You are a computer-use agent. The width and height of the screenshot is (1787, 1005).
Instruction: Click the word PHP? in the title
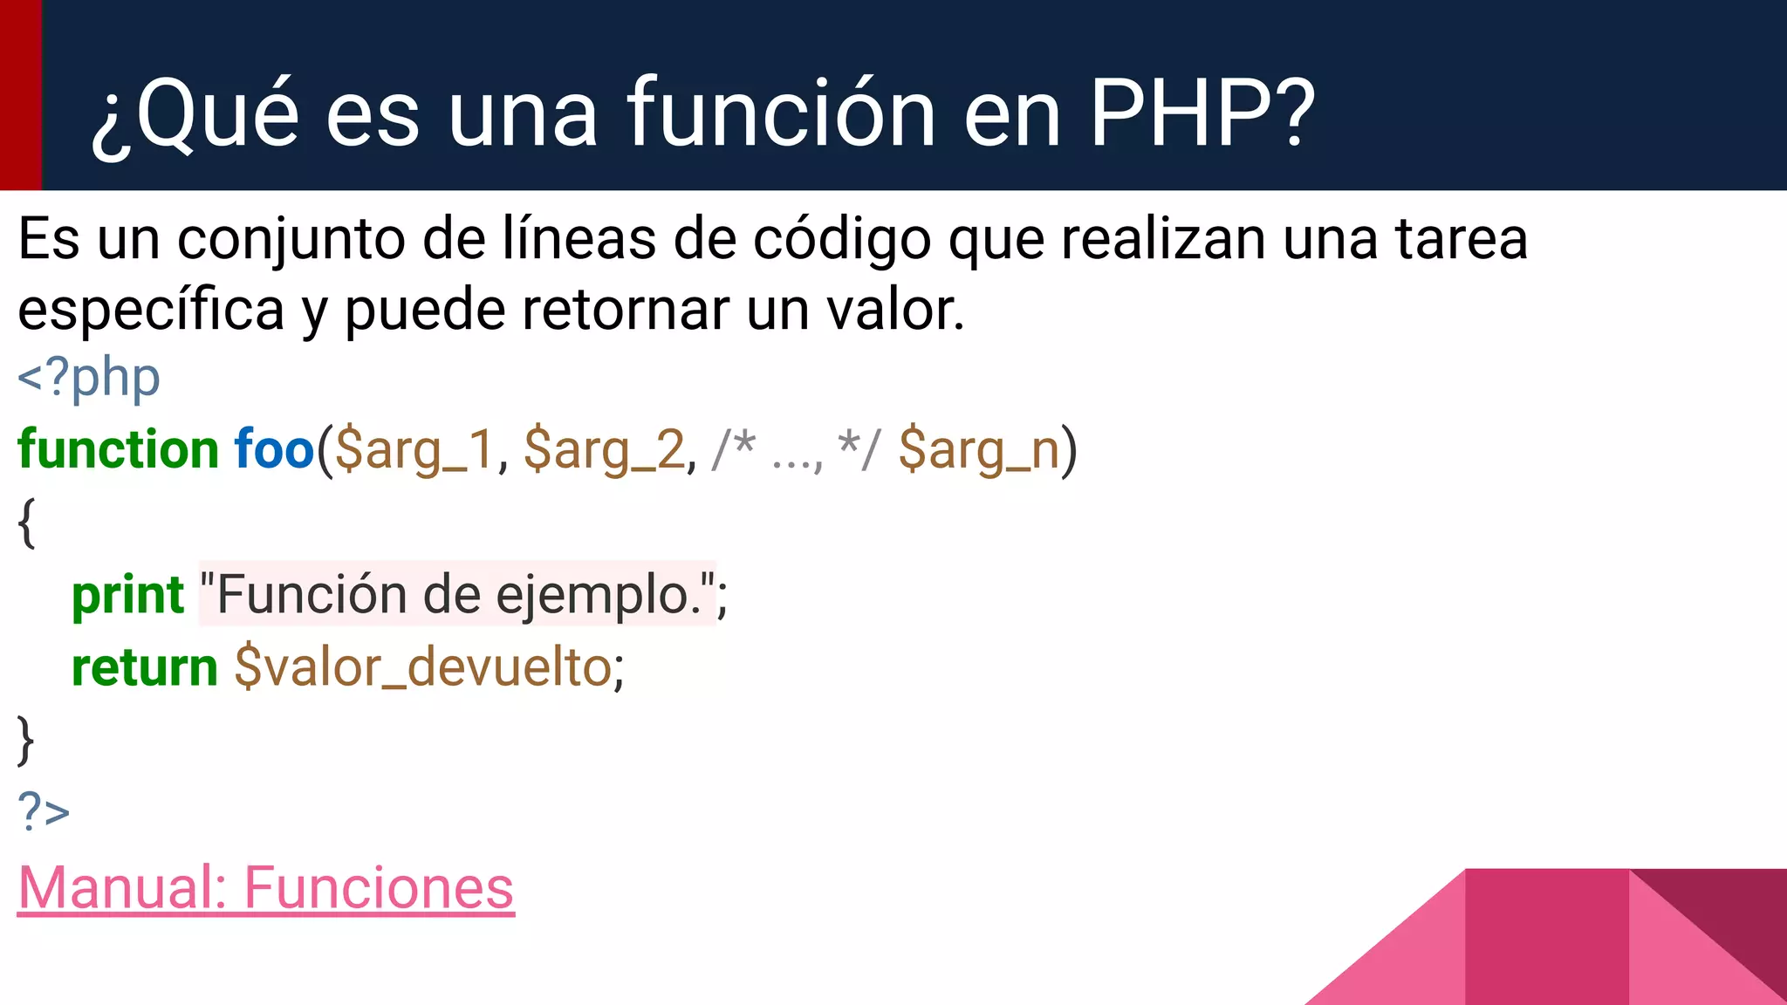(x=1202, y=113)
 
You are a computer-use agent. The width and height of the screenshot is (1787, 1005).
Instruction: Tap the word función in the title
(x=781, y=113)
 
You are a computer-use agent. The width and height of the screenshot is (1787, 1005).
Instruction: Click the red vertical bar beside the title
(x=20, y=94)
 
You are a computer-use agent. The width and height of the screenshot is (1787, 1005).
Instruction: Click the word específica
(x=151, y=311)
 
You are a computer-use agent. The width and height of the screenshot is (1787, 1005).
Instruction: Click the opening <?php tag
(x=89, y=379)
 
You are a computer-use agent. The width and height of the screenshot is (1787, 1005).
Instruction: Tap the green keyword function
(x=118, y=450)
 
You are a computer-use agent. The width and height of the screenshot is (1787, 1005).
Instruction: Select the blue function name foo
(x=274, y=450)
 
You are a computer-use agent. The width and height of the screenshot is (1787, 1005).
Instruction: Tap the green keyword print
(x=127, y=597)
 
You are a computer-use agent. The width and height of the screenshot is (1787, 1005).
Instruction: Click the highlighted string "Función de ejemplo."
(x=457, y=595)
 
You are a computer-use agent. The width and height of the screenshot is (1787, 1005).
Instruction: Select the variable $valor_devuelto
(x=423, y=669)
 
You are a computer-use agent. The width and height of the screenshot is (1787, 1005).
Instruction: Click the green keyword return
(x=144, y=669)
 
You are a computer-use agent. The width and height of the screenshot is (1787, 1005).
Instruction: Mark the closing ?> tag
(x=44, y=811)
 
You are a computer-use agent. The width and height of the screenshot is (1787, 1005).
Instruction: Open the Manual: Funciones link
(x=266, y=889)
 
